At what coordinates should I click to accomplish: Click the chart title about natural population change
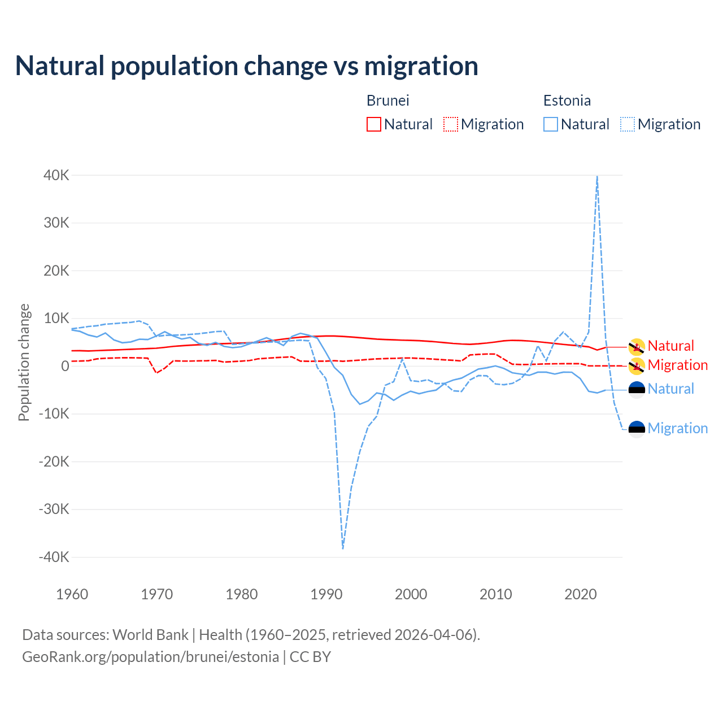pos(246,66)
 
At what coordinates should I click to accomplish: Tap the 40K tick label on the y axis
pos(56,175)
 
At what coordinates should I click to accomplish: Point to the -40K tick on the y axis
pos(54,557)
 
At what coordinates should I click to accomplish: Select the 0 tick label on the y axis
pos(66,366)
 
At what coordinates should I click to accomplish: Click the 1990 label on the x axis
pos(326,594)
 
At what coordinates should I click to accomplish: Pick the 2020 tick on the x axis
pos(581,594)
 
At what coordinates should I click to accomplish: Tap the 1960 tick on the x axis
pos(72,594)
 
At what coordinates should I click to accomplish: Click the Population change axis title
pos(24,362)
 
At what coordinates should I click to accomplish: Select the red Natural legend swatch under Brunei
pos(374,124)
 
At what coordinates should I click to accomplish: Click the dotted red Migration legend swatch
pos(451,124)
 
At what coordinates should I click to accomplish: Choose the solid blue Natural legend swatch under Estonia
pos(551,124)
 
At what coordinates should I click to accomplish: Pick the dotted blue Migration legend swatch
pos(628,124)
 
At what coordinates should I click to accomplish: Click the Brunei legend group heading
pos(387,101)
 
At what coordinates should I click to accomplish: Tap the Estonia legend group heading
pos(567,101)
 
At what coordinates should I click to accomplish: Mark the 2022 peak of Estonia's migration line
pos(597,177)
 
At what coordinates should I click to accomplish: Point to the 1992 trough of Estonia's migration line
pos(343,548)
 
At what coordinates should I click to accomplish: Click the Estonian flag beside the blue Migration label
pos(637,429)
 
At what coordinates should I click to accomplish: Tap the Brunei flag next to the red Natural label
pos(637,346)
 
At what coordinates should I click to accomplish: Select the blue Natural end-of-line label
pos(670,389)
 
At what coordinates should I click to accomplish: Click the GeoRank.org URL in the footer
pos(150,657)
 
